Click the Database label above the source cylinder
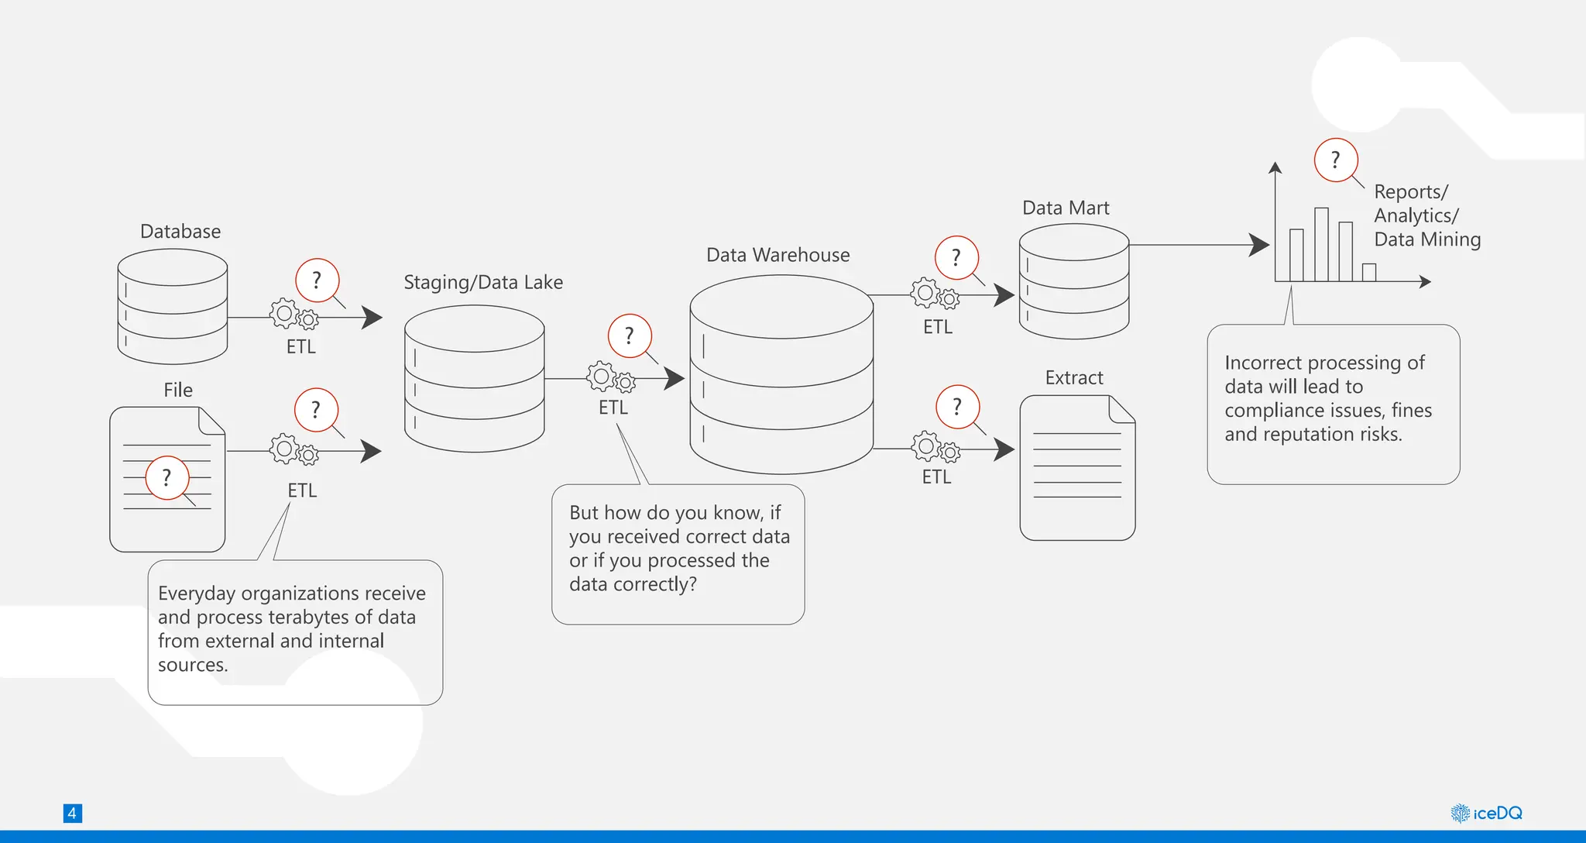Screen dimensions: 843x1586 180,232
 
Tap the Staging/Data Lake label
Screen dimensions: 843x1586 483,283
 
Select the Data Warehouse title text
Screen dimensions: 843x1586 778,255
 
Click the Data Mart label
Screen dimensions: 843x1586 1066,208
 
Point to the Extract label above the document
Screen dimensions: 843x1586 1073,377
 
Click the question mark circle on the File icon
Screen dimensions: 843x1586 167,477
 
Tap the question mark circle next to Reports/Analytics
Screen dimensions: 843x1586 1336,160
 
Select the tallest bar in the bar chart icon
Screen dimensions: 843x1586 1321,244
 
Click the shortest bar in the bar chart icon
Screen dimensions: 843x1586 1368,272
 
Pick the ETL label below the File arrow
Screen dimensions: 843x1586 302,490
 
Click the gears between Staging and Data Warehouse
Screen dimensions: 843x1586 610,378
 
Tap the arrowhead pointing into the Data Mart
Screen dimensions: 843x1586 1004,295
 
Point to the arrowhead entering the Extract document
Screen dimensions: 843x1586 1004,449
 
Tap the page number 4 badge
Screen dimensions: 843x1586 72,813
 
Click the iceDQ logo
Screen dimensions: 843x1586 1486,813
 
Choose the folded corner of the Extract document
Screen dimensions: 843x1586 1122,409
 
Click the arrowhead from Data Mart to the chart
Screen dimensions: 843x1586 1259,245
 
